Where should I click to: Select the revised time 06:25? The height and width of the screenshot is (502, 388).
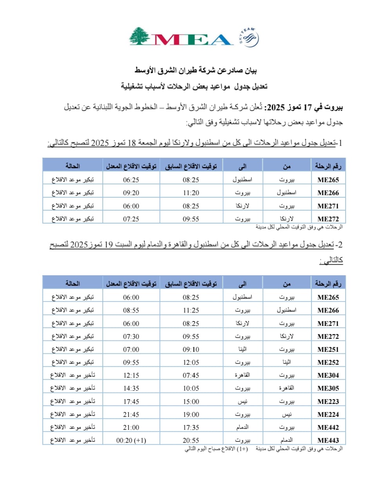131,180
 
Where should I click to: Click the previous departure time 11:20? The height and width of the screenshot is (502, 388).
191,193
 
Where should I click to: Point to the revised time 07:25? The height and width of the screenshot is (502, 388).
131,219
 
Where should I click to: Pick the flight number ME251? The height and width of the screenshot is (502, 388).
328,349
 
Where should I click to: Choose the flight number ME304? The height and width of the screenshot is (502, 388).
328,375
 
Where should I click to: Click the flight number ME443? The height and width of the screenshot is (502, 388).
328,440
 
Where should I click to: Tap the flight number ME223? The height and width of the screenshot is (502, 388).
328,402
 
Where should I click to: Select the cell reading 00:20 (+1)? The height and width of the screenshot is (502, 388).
131,440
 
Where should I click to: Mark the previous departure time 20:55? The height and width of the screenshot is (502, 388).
191,440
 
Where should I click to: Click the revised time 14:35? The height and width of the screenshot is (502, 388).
131,388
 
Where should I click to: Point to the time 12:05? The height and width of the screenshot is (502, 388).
191,362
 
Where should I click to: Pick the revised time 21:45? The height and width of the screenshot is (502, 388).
131,415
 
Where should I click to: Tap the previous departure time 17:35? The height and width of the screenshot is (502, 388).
191,427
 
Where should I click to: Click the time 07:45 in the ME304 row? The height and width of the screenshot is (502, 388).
191,375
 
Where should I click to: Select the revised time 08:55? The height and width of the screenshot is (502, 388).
131,310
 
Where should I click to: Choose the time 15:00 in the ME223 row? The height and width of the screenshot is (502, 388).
191,402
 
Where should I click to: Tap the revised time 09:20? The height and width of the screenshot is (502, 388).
131,193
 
